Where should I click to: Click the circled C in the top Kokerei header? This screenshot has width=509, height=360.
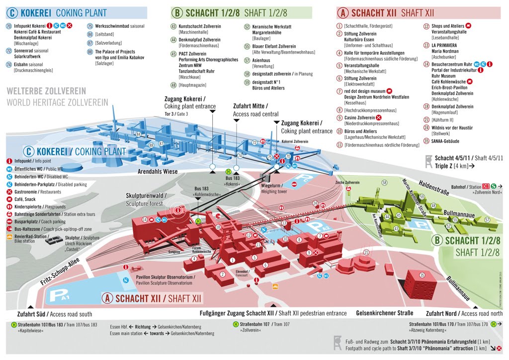coord(11,12)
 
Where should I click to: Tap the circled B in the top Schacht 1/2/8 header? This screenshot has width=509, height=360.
coord(176,12)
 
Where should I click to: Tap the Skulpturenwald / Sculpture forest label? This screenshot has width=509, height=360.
coord(146,199)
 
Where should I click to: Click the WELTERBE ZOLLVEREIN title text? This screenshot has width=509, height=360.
coord(46,91)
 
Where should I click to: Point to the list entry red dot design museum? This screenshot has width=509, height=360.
coord(365,91)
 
